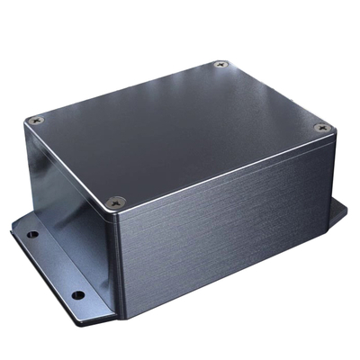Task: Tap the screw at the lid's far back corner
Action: tap(221, 65)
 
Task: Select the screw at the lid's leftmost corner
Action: tap(35, 120)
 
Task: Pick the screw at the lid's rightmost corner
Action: tap(323, 129)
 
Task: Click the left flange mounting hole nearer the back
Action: tap(33, 236)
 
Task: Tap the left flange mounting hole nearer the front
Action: tap(78, 294)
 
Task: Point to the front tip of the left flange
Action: tap(108, 319)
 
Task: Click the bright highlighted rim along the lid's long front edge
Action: tap(225, 171)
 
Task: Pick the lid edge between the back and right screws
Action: tap(274, 95)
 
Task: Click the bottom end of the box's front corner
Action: tap(118, 310)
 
